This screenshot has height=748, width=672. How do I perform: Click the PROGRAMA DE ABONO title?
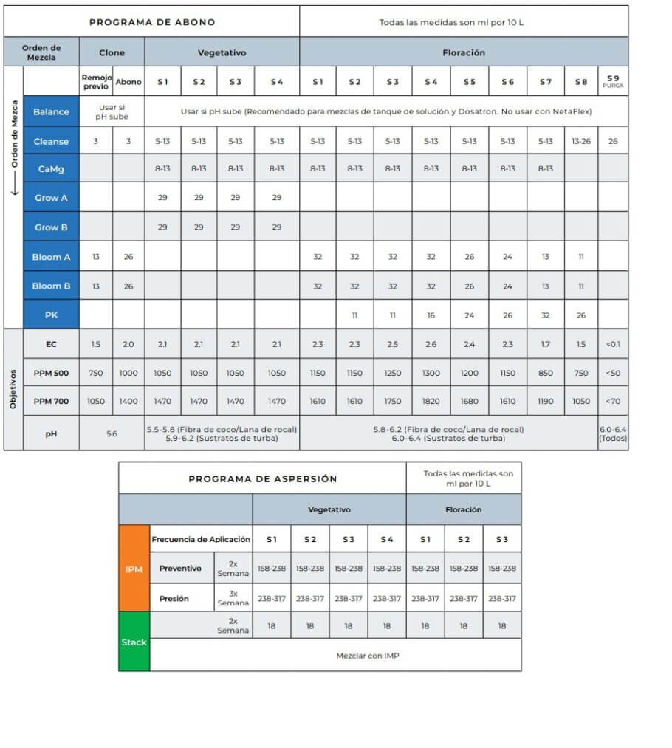(x=152, y=22)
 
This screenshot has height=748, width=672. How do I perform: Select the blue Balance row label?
(x=51, y=111)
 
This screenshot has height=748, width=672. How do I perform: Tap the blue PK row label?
(x=51, y=315)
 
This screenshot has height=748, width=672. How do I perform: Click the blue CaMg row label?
(x=51, y=168)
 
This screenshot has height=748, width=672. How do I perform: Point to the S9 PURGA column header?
(x=613, y=82)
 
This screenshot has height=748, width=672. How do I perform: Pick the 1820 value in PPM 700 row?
(x=431, y=401)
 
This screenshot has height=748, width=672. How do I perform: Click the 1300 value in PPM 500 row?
(x=431, y=373)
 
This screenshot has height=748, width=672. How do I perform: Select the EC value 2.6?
(x=431, y=344)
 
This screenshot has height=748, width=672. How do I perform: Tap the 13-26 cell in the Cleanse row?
(x=581, y=141)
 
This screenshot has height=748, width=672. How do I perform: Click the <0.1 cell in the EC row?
(x=613, y=344)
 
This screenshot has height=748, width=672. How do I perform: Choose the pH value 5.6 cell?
(x=112, y=434)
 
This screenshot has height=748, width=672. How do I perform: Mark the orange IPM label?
(x=134, y=569)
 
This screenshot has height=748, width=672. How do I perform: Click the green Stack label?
(x=134, y=642)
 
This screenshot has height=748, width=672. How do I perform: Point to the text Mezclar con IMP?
(x=367, y=655)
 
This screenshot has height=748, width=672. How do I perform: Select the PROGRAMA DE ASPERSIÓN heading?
(x=262, y=478)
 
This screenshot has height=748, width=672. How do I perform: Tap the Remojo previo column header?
(x=95, y=82)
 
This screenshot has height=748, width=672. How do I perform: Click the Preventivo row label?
(x=180, y=569)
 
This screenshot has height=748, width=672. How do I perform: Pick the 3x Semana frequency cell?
(x=233, y=598)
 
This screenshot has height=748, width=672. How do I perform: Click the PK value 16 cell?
(x=431, y=315)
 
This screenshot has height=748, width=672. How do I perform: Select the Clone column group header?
(x=112, y=53)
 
